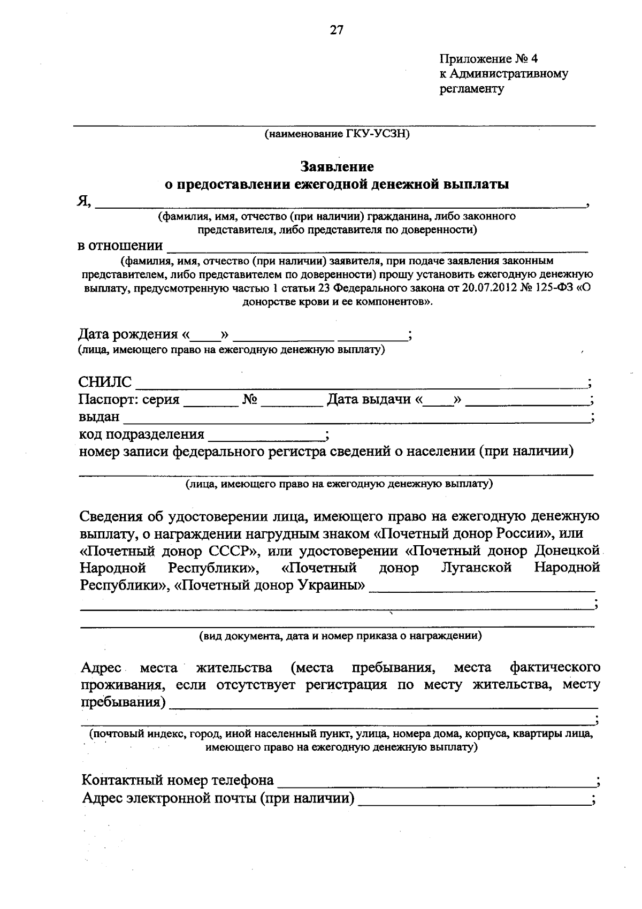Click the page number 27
point(337,30)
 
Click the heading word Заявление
point(337,166)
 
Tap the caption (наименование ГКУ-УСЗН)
point(337,134)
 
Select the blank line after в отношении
point(377,248)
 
